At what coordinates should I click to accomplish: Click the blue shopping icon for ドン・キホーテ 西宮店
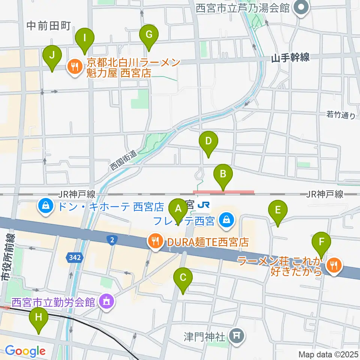(x=45, y=207)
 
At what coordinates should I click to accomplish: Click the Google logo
(x=25, y=351)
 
